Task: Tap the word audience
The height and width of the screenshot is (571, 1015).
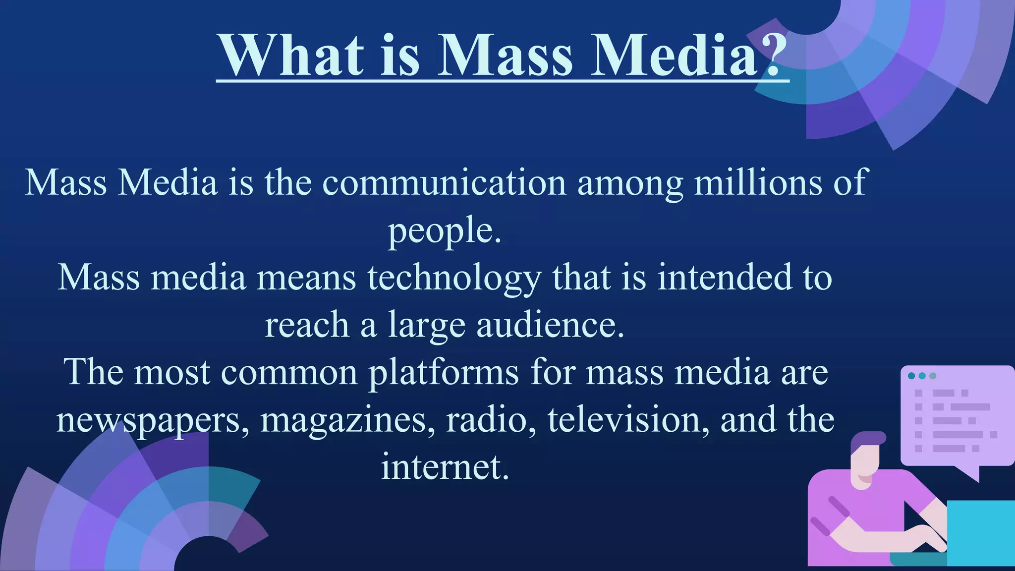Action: (x=550, y=325)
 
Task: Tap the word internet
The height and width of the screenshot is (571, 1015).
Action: (x=445, y=467)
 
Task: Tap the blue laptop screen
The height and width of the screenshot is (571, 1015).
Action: (x=980, y=532)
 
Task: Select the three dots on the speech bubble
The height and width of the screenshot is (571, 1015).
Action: (x=922, y=376)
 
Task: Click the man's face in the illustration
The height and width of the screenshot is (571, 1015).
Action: (x=866, y=463)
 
